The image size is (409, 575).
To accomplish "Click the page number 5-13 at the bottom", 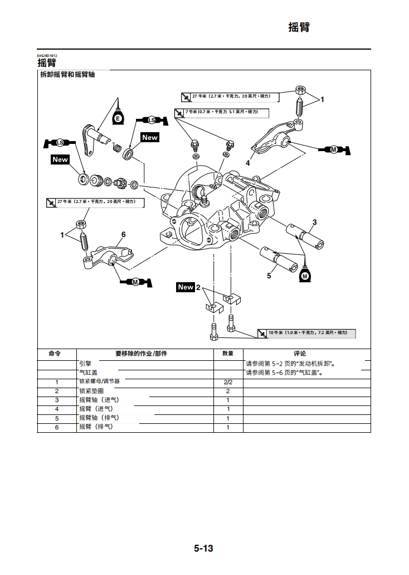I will (203, 548).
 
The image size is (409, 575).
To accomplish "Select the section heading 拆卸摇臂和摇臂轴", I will (67, 75).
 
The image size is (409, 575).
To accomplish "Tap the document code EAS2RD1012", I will (47, 56).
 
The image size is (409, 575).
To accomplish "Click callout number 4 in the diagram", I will (248, 163).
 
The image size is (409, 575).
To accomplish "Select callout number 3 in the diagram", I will (314, 223).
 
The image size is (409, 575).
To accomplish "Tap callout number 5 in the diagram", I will (269, 276).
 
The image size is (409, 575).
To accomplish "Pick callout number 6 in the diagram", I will (123, 234).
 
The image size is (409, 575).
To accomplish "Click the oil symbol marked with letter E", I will (118, 119).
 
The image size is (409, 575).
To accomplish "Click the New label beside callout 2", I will (186, 287).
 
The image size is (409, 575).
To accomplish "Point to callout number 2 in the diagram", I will (198, 287).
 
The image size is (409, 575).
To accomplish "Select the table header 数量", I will (228, 354).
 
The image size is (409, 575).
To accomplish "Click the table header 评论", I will (300, 354).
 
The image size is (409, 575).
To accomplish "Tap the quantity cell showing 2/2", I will (228, 382).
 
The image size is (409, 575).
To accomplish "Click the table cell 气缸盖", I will (88, 373).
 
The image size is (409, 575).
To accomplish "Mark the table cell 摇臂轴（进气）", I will (99, 400).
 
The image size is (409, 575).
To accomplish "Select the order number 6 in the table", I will (57, 427).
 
